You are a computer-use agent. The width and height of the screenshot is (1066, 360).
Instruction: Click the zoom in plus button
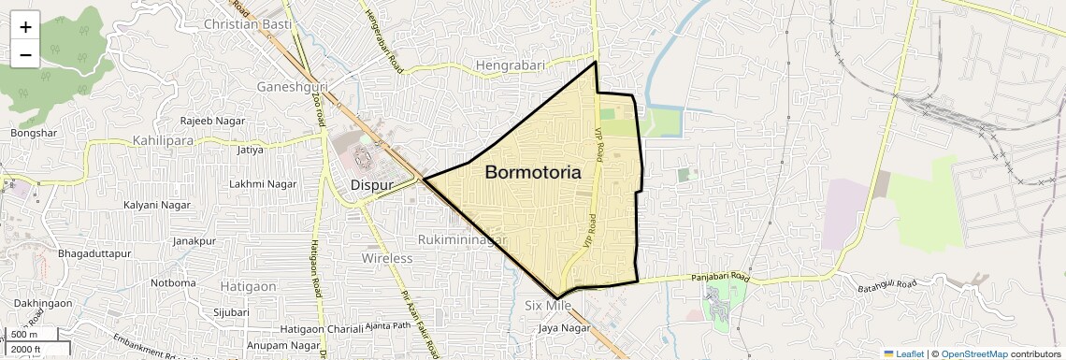(x=25, y=27)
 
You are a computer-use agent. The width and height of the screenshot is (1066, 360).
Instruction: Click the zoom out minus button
(x=25, y=54)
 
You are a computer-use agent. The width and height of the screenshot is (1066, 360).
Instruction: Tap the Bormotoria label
(x=533, y=173)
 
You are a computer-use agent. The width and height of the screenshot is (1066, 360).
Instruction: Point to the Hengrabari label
(x=513, y=65)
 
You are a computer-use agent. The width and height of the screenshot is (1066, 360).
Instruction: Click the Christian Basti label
(x=247, y=23)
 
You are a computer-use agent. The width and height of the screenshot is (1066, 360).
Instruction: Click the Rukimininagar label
(x=462, y=239)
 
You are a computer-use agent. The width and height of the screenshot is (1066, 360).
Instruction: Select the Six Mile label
(x=548, y=306)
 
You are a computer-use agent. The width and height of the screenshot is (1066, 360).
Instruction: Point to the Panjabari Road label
(x=708, y=278)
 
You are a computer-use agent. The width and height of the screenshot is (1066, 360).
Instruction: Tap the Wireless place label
(x=387, y=258)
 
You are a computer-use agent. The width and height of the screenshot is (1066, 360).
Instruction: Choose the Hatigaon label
(x=248, y=286)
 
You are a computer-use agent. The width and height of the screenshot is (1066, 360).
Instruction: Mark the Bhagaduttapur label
(x=97, y=254)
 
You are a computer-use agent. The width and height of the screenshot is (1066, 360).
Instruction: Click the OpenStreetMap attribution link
(x=973, y=353)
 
